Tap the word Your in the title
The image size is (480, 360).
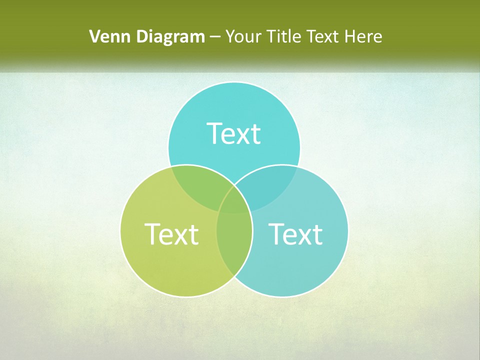pos(243,36)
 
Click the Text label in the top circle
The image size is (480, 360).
pos(234,133)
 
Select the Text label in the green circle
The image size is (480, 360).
pos(171,234)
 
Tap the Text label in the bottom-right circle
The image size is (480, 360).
pos(295,234)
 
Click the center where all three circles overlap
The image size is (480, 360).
pos(234,202)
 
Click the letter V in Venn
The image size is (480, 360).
pos(94,36)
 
